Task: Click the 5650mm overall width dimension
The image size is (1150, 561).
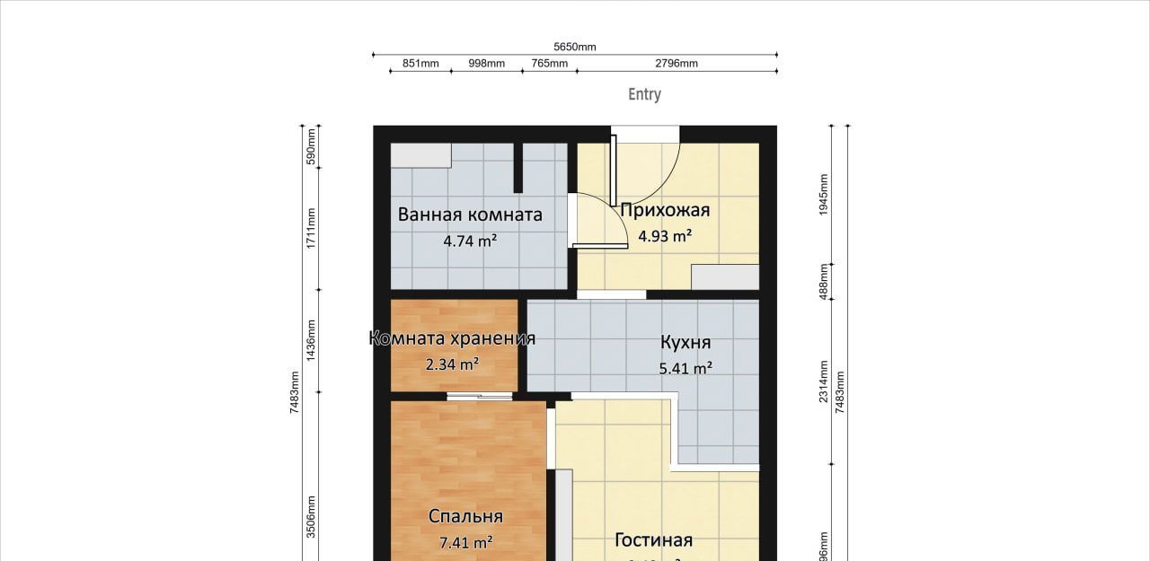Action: tap(575, 48)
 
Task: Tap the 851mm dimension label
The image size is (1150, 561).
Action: tap(420, 64)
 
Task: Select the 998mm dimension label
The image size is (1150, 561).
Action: tap(487, 64)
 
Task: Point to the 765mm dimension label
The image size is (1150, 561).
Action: tap(549, 64)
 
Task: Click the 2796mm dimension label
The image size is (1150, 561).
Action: tap(677, 64)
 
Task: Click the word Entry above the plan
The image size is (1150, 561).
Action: tap(644, 94)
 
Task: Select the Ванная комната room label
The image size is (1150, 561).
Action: tap(470, 215)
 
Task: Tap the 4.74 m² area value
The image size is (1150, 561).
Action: tap(470, 241)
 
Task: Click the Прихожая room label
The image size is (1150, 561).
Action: tap(665, 211)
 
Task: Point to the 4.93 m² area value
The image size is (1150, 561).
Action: tap(665, 237)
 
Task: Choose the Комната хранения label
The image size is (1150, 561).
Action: tap(452, 338)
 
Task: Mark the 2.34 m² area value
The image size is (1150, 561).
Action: tap(452, 364)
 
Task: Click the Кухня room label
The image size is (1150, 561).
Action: tap(686, 343)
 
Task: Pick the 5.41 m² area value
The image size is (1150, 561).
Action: tap(686, 368)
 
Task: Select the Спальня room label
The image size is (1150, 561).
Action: tap(465, 516)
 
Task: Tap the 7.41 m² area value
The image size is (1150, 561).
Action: tap(465, 542)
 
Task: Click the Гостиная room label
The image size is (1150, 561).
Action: tap(653, 539)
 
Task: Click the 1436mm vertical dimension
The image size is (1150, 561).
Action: tap(311, 340)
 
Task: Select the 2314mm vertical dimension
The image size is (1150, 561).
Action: tap(824, 381)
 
